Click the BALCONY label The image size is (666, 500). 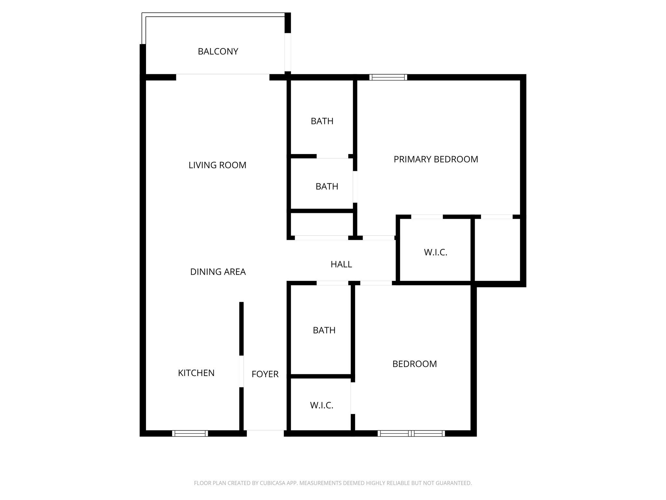click(218, 51)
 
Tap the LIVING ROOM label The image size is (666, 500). click(217, 165)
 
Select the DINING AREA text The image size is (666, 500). click(218, 271)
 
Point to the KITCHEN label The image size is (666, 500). click(196, 373)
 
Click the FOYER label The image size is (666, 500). click(265, 374)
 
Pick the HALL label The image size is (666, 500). click(341, 264)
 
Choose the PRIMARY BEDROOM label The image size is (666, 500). click(436, 159)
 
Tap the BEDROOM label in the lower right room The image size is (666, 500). click(414, 364)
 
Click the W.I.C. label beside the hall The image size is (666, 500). click(435, 252)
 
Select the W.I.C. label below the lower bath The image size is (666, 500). click(322, 405)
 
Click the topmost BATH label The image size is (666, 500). click(322, 121)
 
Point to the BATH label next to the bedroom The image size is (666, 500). click(324, 330)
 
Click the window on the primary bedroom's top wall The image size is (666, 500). click(388, 77)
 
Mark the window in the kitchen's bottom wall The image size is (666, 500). click(190, 433)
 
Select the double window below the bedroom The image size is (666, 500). click(411, 433)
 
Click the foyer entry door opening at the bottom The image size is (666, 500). click(265, 433)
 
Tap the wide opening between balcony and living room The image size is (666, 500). click(223, 77)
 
